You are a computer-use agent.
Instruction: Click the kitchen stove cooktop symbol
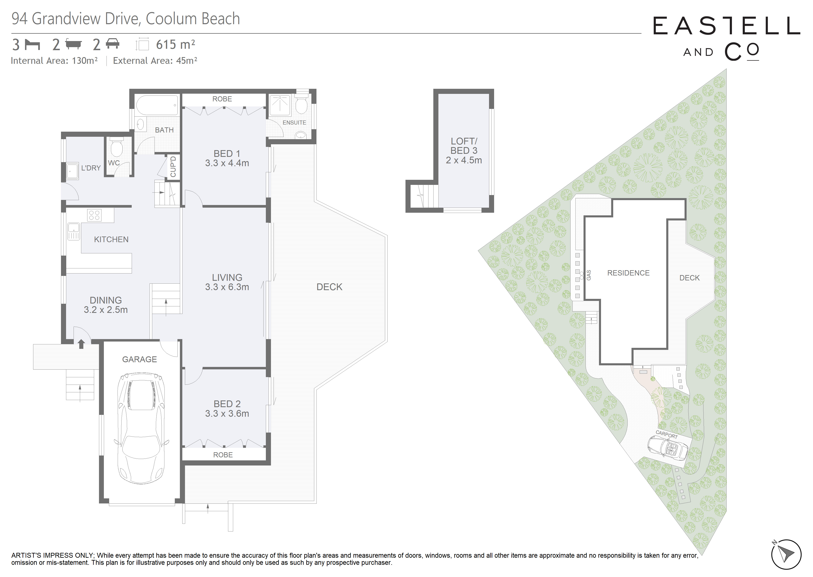coord(94,215)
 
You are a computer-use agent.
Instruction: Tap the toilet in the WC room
coord(116,147)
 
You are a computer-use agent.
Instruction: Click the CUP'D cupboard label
coord(173,167)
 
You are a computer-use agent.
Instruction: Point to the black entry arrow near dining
coord(81,344)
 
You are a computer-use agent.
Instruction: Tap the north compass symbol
coord(786,555)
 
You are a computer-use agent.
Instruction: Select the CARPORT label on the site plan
coord(667,435)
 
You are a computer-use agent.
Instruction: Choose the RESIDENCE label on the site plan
coord(628,273)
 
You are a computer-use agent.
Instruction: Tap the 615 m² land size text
coord(176,44)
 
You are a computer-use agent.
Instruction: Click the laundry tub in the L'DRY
coord(72,171)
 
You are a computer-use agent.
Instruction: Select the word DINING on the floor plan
coord(105,300)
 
